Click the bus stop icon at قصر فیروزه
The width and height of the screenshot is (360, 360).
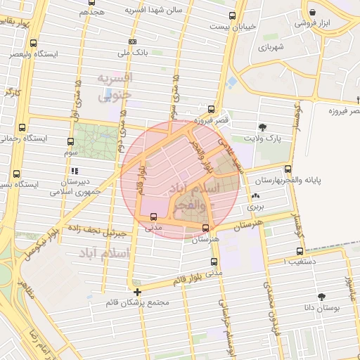click(211, 109)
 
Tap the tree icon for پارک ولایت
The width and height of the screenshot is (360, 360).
click(262, 127)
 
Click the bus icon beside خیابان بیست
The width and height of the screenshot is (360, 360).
click(232, 15)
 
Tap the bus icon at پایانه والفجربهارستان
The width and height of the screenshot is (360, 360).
click(288, 168)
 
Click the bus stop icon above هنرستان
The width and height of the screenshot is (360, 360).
click(205, 227)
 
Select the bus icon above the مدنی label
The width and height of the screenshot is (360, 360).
click(154, 217)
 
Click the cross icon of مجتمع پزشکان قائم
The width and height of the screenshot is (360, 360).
click(137, 291)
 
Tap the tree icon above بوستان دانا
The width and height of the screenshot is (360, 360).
click(322, 297)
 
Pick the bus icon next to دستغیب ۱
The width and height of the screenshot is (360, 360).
click(300, 250)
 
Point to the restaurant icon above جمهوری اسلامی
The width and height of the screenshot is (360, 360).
click(74, 171)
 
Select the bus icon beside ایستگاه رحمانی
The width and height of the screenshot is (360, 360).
click(23, 128)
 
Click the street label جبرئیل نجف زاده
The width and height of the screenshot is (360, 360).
click(96, 229)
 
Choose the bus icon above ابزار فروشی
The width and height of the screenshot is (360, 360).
click(312, 11)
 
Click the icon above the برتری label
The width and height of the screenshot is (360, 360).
click(255, 196)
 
